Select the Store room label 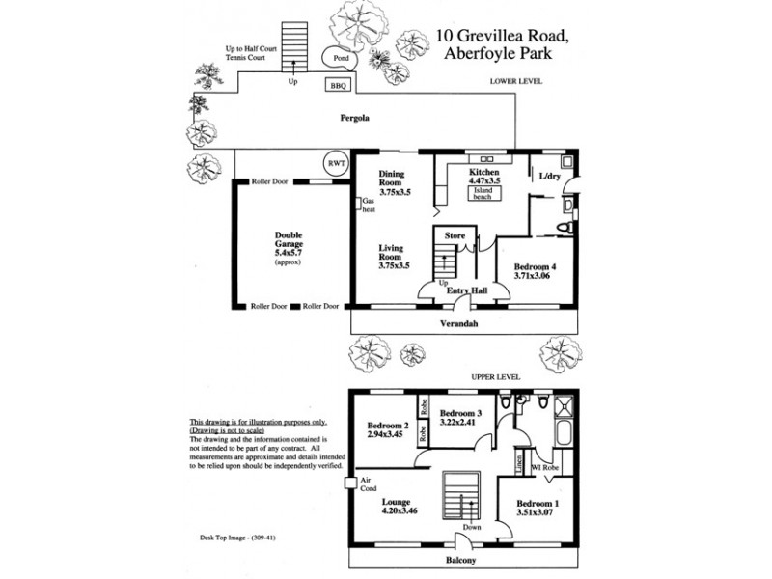(x=455, y=234)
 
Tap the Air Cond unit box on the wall (x=351, y=482)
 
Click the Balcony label (x=463, y=558)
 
